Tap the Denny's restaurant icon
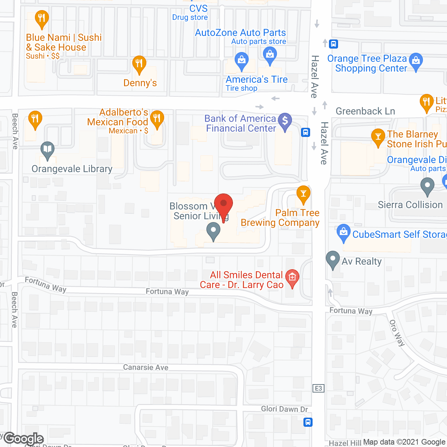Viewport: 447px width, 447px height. tap(139, 64)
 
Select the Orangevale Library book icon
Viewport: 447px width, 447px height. tap(47, 150)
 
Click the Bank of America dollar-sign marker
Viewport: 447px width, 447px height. tap(285, 121)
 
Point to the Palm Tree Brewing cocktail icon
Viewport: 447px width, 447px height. tap(303, 194)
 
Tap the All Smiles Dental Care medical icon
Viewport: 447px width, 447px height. tap(292, 278)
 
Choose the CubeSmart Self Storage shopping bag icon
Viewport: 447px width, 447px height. tap(344, 232)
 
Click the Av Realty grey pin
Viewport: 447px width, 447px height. tap(332, 259)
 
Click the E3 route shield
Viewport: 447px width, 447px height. tap(318, 388)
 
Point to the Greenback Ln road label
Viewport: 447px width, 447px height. tap(365, 111)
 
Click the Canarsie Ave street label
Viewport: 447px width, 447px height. tap(146, 367)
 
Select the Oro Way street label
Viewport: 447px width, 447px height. tap(397, 333)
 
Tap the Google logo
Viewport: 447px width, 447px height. tap(24, 439)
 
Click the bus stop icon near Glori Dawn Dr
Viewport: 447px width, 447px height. tap(308, 422)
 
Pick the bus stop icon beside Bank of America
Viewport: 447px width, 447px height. tap(306, 132)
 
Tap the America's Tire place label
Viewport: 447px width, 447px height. tap(257, 79)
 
